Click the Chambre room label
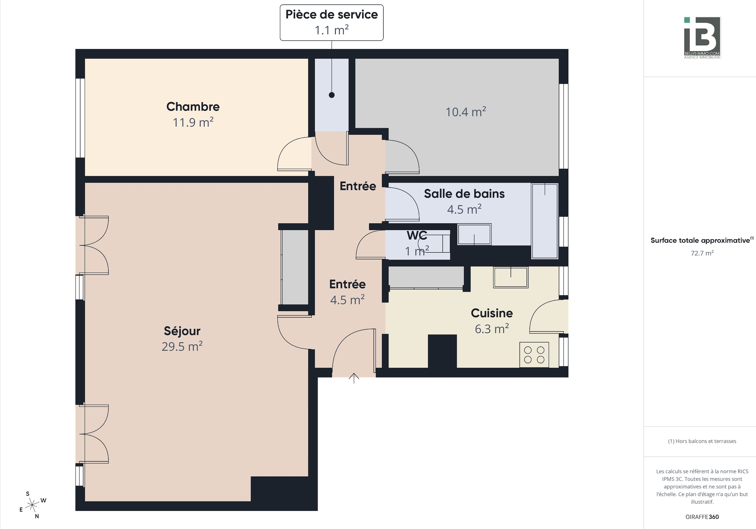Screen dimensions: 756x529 pyautogui.click(x=193, y=106)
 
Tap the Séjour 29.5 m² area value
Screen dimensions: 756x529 pyautogui.click(x=182, y=346)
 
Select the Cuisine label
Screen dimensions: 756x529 pyautogui.click(x=492, y=313)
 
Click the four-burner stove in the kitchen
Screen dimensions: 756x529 pyautogui.click(x=534, y=355)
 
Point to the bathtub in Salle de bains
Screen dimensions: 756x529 pyautogui.click(x=545, y=221)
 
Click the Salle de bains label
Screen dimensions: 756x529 pyautogui.click(x=464, y=194)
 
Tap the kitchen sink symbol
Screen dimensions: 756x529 pyautogui.click(x=511, y=277)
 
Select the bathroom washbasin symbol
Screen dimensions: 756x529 pyautogui.click(x=474, y=234)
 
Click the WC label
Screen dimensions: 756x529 pyautogui.click(x=417, y=235)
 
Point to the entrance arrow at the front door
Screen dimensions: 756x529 pyautogui.click(x=354, y=378)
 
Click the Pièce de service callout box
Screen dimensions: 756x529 pyautogui.click(x=332, y=23)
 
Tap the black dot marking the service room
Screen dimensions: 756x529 pyautogui.click(x=332, y=95)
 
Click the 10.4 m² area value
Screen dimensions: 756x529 pyautogui.click(x=466, y=112)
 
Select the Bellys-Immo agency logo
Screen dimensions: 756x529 pyautogui.click(x=702, y=38)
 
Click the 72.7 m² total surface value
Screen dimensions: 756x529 pyautogui.click(x=702, y=253)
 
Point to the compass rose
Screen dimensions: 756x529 pyautogui.click(x=33, y=505)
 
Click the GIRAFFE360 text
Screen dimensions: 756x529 pyautogui.click(x=702, y=517)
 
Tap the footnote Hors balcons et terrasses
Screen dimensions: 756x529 pyautogui.click(x=702, y=441)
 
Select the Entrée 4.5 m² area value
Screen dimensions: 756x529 pyautogui.click(x=347, y=300)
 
